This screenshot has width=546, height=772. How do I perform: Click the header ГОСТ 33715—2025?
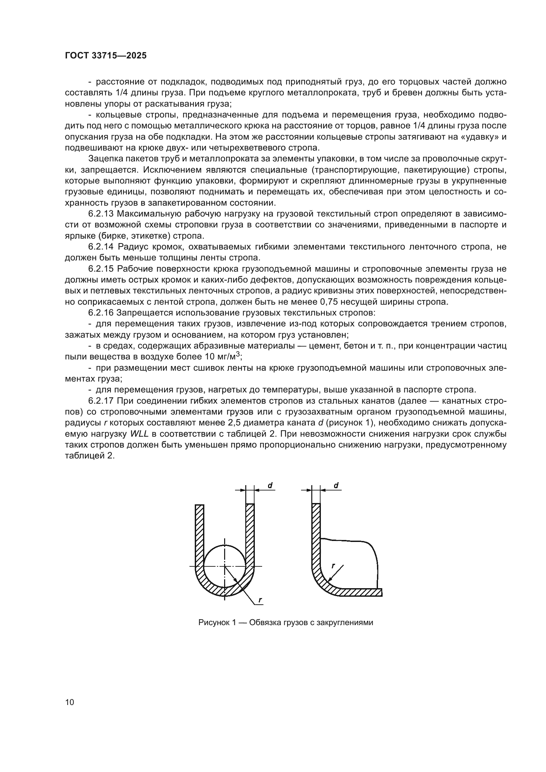106,56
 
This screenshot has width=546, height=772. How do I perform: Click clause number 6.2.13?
101,214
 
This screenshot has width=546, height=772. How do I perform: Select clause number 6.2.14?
101,247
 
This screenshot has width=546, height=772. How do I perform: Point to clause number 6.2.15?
101,269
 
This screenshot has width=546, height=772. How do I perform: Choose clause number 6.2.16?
101,313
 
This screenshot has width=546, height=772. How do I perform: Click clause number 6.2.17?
101,401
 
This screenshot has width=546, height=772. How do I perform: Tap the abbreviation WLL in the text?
139,434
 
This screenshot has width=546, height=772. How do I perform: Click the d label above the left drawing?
270,485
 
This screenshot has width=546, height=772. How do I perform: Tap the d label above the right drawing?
336,485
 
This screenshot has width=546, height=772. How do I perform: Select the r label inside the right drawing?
333,566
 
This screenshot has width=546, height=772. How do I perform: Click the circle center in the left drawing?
225,567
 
